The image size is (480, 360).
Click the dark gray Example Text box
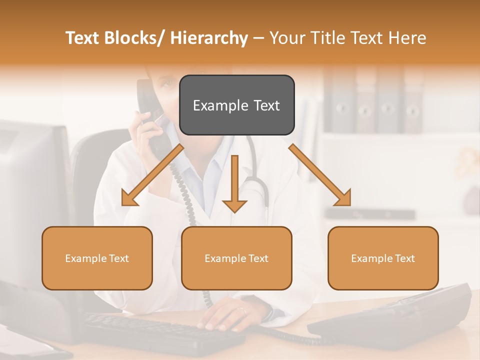(x=236, y=105)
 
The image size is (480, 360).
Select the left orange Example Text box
(x=97, y=258)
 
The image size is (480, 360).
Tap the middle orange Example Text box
(x=236, y=258)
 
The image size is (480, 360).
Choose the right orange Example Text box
(x=383, y=258)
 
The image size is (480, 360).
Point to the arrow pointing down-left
(x=150, y=176)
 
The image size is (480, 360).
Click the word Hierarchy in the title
(x=209, y=38)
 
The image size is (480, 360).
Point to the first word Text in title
(x=83, y=38)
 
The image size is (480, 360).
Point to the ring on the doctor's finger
(x=243, y=310)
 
